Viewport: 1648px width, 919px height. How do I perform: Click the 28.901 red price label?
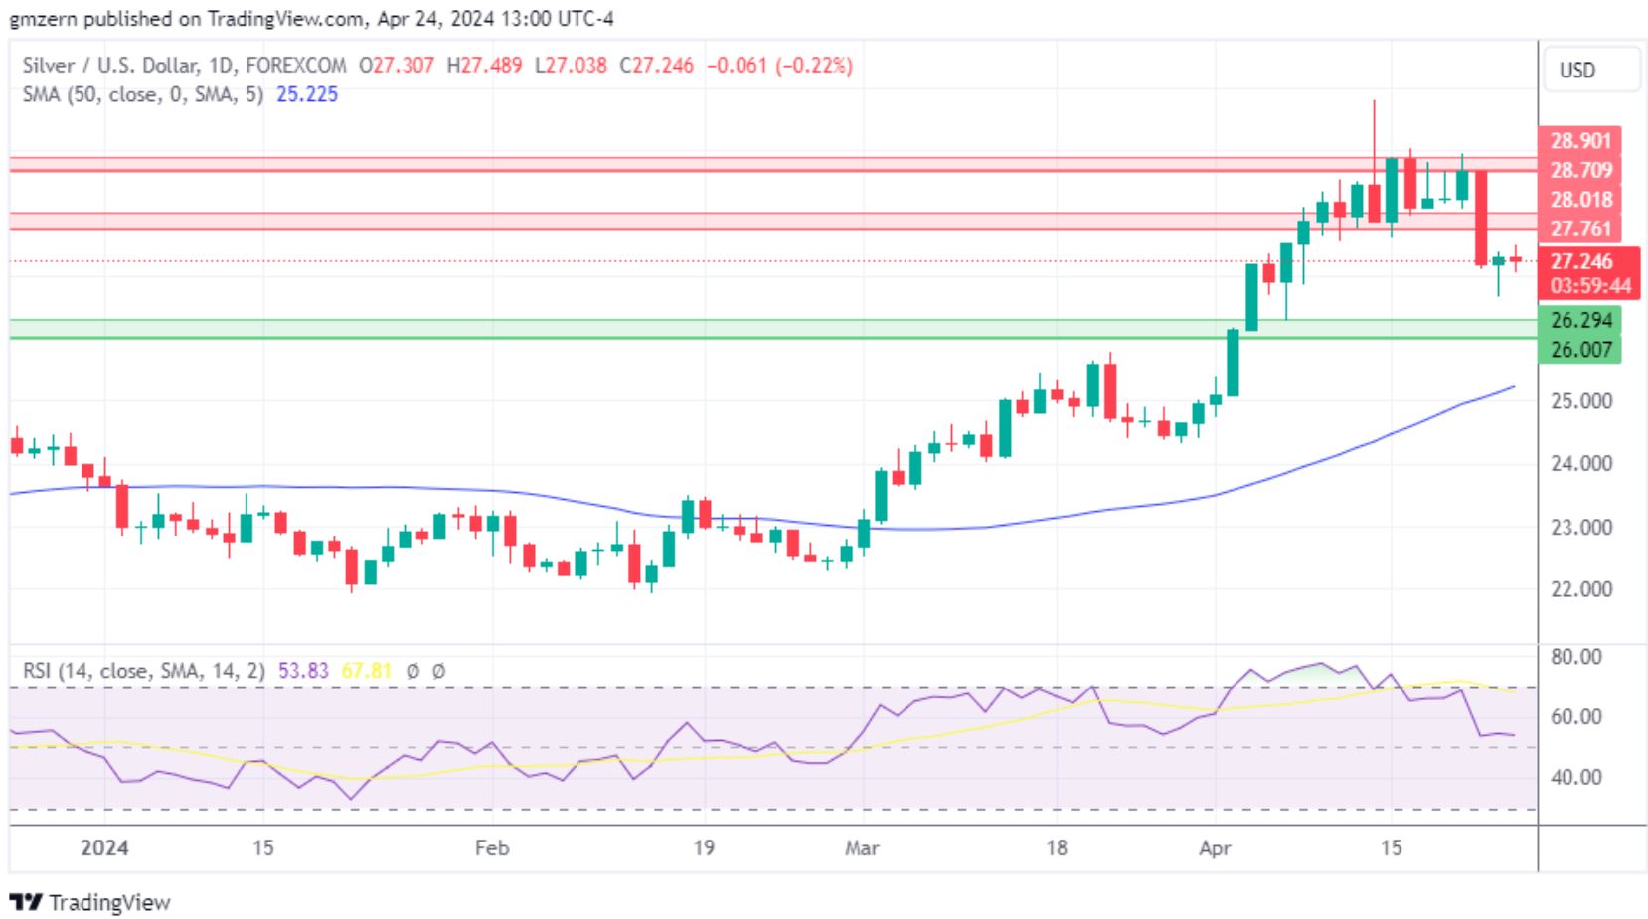tap(1579, 141)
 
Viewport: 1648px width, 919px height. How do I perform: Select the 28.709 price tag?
tap(1579, 170)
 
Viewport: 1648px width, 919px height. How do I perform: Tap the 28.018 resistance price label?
tap(1579, 200)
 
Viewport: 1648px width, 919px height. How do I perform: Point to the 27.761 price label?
tap(1579, 229)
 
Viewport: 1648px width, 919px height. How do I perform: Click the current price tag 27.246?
tap(1580, 261)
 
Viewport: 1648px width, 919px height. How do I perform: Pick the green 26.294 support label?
tap(1580, 320)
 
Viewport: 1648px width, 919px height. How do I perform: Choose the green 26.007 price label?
tap(1580, 349)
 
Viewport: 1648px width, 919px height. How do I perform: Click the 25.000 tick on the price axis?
tap(1581, 401)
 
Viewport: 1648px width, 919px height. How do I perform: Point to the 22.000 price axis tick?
tap(1581, 589)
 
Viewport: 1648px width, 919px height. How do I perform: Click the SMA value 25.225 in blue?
tap(307, 94)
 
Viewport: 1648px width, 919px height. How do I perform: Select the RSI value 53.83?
tap(303, 671)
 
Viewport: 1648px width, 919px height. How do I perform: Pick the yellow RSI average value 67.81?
tap(367, 671)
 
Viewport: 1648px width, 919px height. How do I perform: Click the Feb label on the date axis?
tap(492, 848)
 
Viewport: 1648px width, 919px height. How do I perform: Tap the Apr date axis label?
tap(1215, 848)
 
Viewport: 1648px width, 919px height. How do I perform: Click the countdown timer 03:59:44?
tap(1590, 286)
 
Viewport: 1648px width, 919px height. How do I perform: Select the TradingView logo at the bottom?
tap(90, 902)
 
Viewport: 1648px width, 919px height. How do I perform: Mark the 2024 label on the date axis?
tap(104, 848)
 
